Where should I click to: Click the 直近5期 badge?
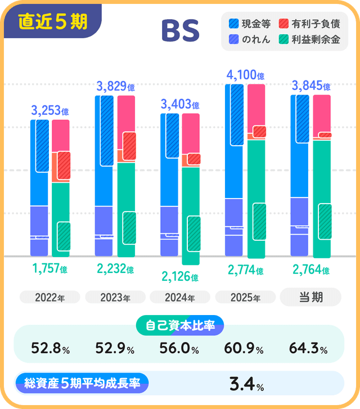[52, 21]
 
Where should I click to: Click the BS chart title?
[180, 32]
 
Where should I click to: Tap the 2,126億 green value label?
[179, 277]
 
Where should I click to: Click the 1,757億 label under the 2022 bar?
[50, 269]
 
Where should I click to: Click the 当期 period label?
[310, 297]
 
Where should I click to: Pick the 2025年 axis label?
[245, 298]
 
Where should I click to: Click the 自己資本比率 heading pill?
[180, 325]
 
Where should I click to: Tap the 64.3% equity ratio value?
[308, 349]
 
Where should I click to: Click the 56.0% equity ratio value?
[179, 349]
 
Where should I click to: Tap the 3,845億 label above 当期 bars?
[311, 86]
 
